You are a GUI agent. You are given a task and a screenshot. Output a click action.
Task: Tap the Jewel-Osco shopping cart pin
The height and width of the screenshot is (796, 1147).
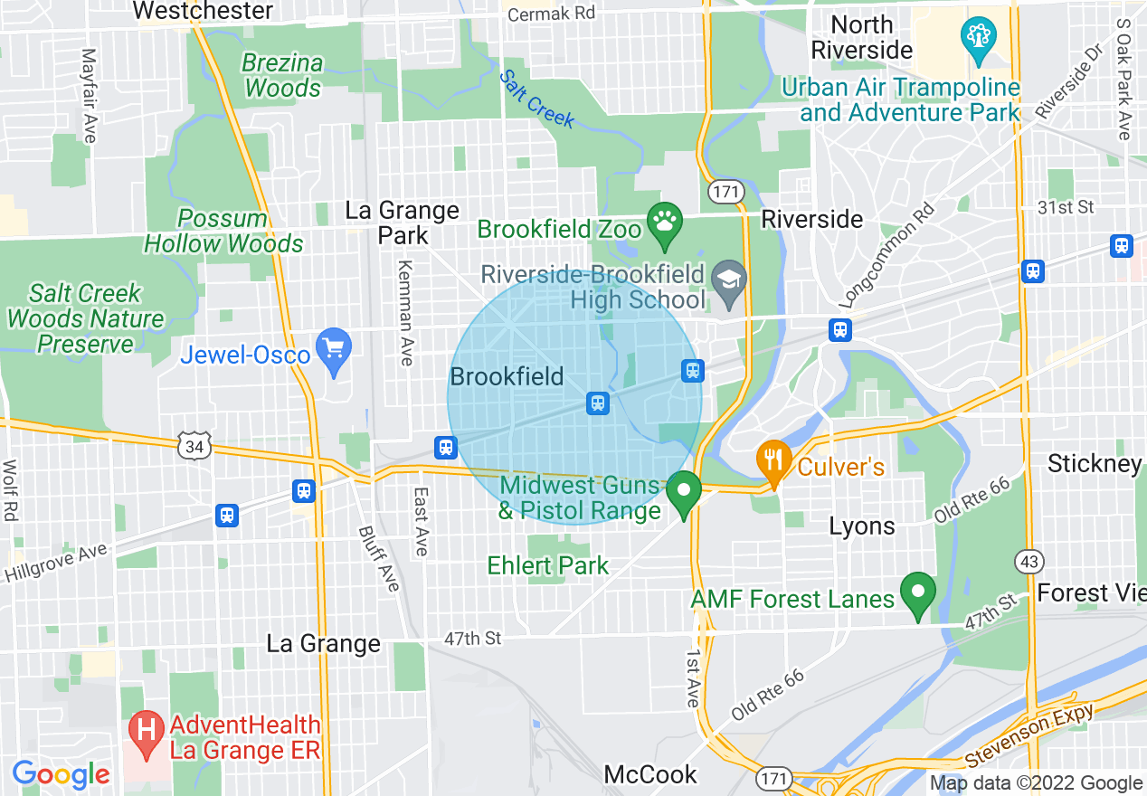pos(335,350)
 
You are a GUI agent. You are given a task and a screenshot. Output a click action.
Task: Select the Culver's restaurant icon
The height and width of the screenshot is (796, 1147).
pos(773,461)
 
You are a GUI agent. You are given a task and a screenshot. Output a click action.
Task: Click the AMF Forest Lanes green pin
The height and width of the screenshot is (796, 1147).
pos(918,594)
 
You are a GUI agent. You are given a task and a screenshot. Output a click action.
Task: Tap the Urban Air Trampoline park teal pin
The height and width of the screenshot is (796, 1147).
pos(979,39)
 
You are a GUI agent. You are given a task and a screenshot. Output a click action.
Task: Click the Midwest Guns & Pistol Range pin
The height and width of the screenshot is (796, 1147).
pos(683,495)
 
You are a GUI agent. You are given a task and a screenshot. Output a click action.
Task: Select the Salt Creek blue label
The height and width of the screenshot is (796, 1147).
pos(536,99)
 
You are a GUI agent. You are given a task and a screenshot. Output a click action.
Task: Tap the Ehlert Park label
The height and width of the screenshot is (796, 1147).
pos(547,566)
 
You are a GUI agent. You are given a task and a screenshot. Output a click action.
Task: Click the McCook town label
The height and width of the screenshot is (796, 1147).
pos(650,775)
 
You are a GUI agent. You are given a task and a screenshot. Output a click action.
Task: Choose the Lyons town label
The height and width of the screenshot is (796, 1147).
pos(862,526)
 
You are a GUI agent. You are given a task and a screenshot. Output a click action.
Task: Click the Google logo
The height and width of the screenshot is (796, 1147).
pos(61,774)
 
